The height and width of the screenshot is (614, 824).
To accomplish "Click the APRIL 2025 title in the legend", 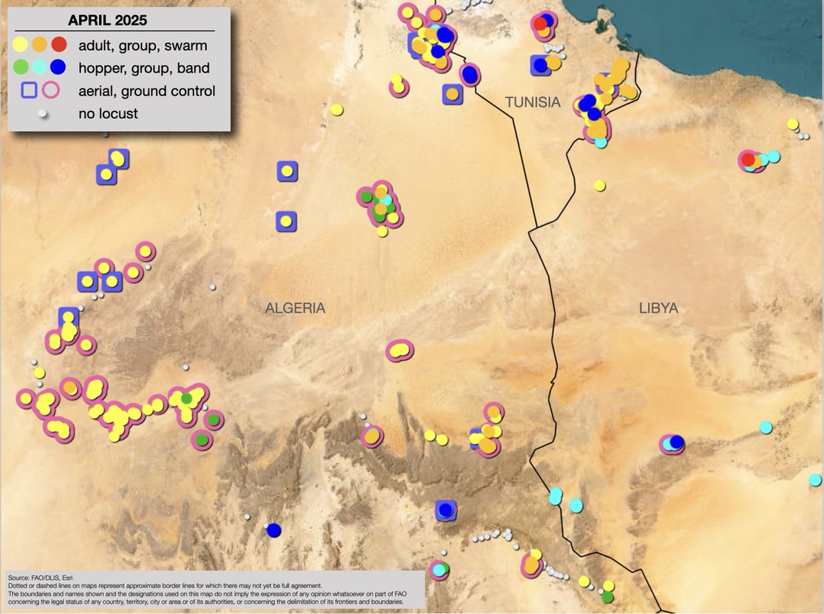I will [x=113, y=20].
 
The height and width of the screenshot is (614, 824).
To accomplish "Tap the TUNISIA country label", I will [x=533, y=102].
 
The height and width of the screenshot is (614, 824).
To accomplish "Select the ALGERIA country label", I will [x=295, y=309].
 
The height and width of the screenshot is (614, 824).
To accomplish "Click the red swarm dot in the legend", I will [x=59, y=45].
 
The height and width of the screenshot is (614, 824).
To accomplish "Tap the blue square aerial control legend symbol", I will [x=29, y=91].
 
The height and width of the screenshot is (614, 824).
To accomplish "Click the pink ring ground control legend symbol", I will [x=51, y=91].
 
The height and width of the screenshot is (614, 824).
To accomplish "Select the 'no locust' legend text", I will [x=108, y=114].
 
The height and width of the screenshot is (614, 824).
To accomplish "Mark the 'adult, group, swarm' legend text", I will [x=143, y=46].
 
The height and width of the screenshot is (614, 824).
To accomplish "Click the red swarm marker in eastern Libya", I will [x=748, y=160].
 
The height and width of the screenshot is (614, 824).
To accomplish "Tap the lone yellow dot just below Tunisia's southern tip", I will [x=599, y=185].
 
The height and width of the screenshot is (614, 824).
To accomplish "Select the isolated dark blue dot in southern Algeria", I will [x=274, y=530].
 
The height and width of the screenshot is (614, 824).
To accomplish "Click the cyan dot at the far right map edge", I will [x=815, y=480].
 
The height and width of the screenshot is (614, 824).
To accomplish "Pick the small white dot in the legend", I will [x=42, y=113].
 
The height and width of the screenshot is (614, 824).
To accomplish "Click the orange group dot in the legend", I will [x=40, y=45].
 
